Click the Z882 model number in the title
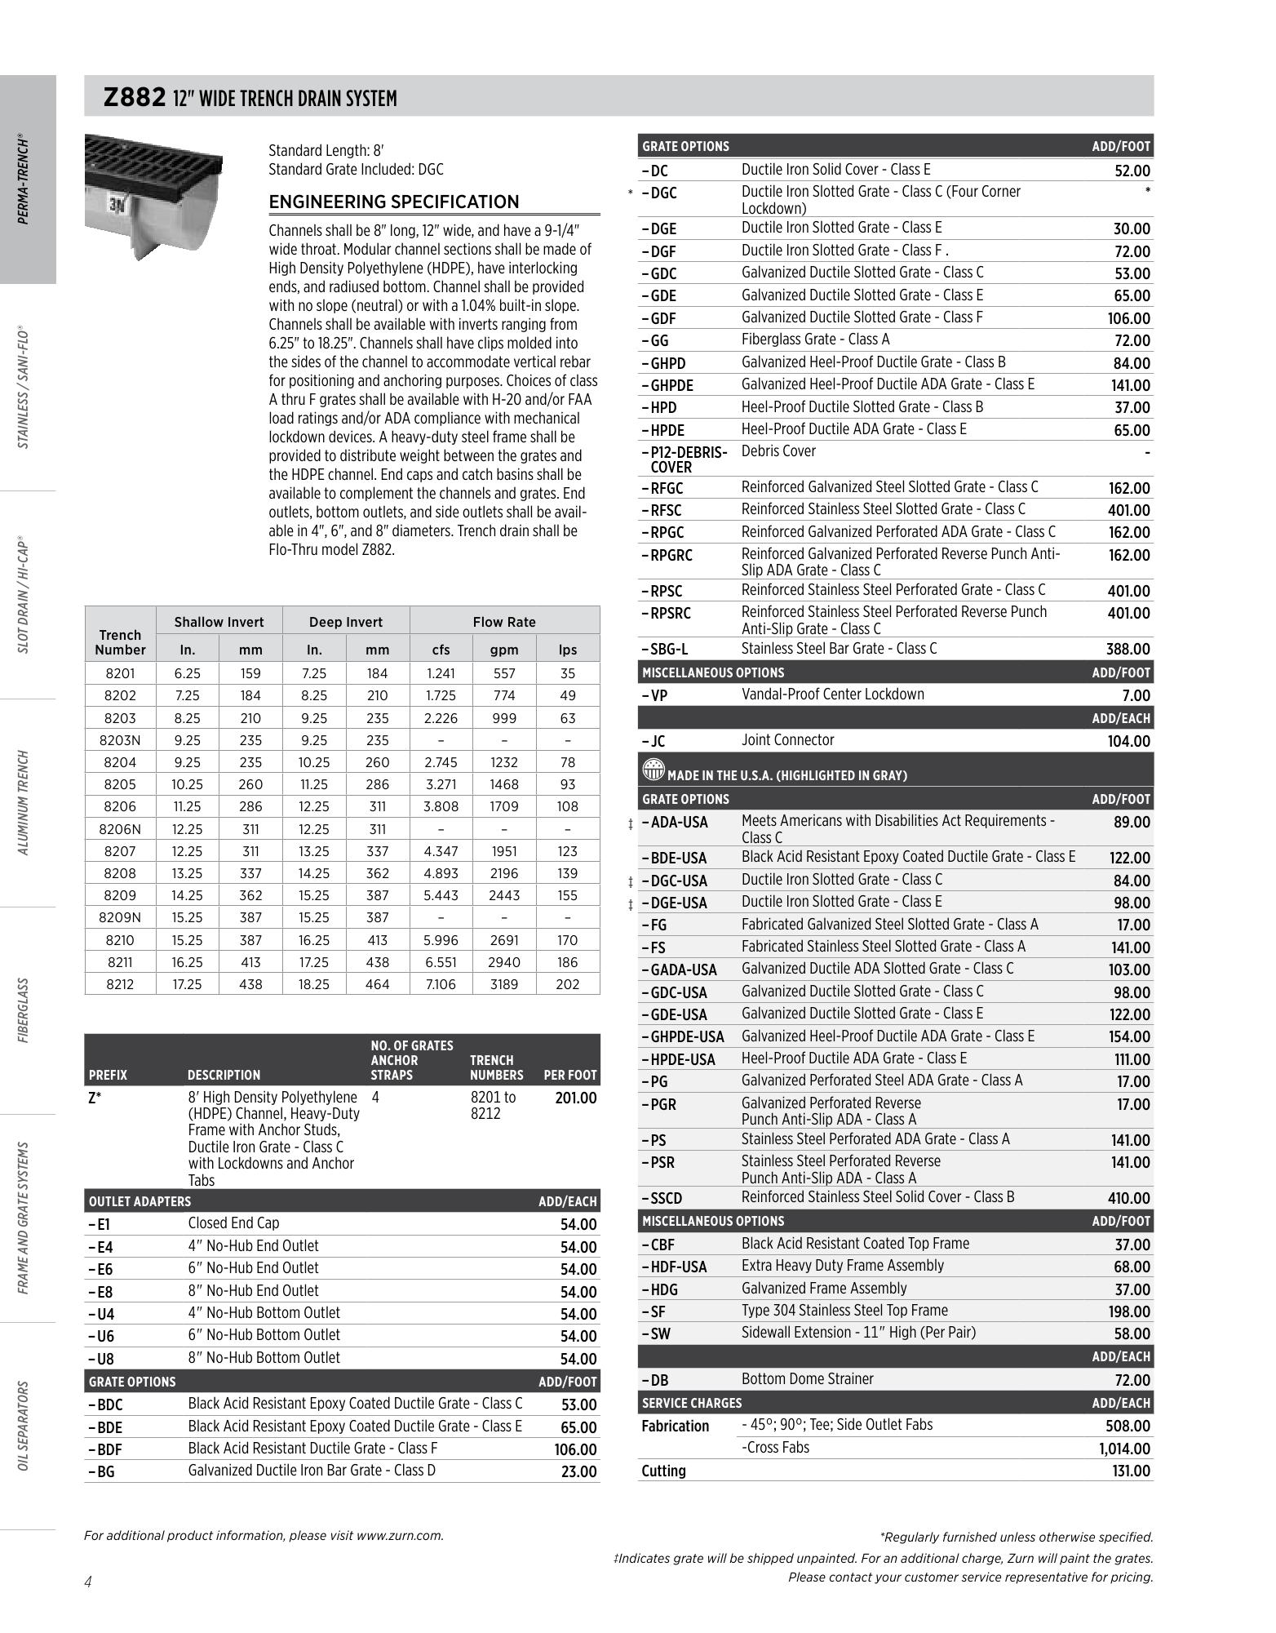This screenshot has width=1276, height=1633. [135, 97]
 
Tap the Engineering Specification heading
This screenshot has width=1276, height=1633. [394, 202]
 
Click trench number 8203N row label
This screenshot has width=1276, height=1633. [120, 740]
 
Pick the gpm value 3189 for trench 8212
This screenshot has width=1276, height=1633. [503, 984]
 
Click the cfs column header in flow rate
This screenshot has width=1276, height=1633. [441, 650]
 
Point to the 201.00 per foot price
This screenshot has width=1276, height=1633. [576, 1098]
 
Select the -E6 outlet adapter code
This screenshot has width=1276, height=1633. [100, 1269]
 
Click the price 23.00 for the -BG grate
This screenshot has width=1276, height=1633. [579, 1472]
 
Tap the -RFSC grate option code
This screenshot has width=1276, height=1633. [662, 510]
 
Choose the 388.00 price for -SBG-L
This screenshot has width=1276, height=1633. [1128, 650]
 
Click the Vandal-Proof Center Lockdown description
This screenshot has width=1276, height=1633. [833, 694]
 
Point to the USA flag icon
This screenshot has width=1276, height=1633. [654, 771]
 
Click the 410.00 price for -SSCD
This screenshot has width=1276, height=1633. [1128, 1199]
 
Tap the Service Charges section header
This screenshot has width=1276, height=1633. [692, 1403]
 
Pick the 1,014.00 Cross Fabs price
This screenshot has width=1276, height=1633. [1123, 1449]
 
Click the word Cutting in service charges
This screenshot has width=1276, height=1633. [663, 1471]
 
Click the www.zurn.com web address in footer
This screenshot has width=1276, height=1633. [400, 1536]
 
